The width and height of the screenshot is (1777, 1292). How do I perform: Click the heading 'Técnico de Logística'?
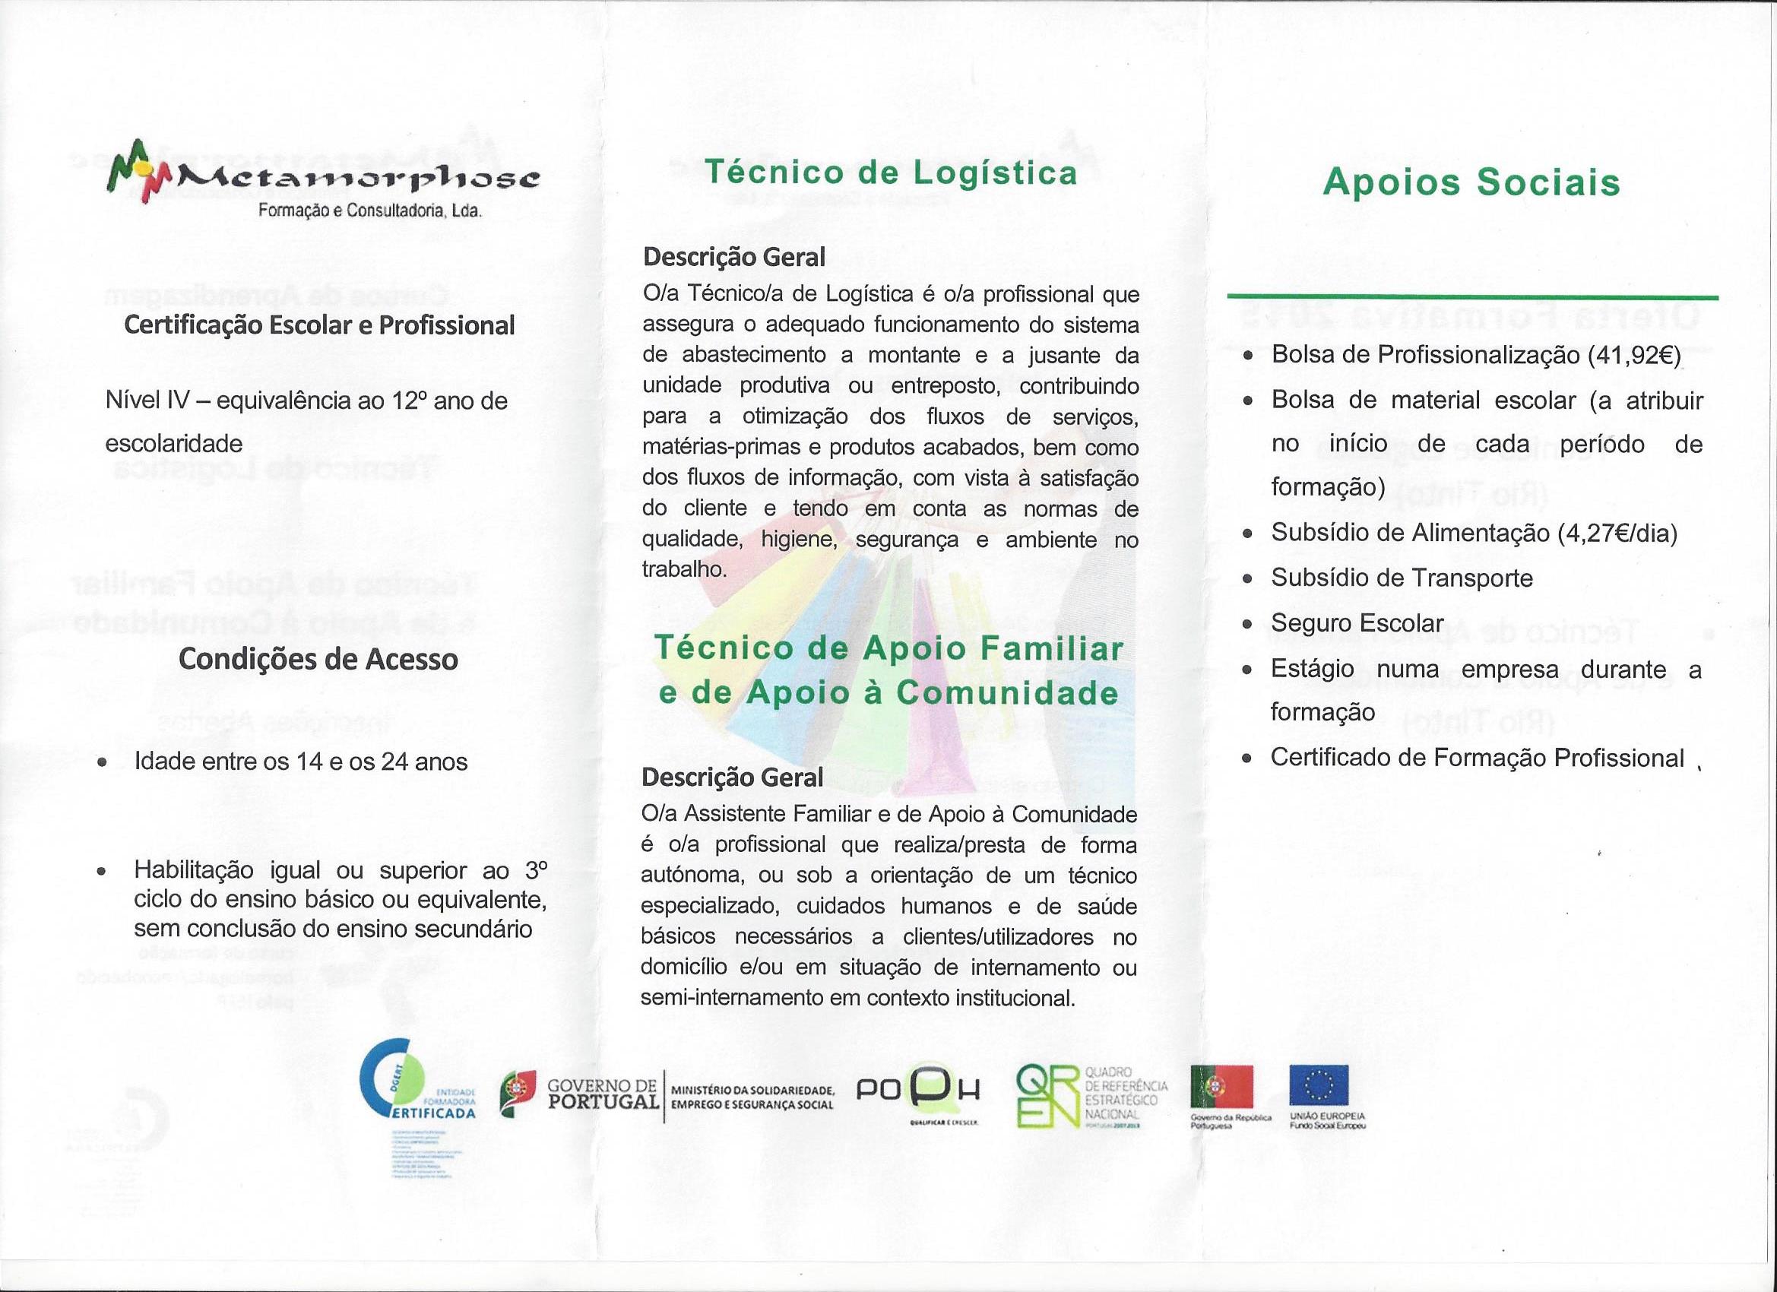tap(891, 173)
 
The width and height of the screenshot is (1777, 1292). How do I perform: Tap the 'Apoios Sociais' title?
tap(1471, 182)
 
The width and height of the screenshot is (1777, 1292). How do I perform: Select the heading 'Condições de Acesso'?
tap(318, 659)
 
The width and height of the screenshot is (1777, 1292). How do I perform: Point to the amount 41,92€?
tap(1633, 355)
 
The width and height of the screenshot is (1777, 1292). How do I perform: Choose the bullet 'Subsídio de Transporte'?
tap(1401, 578)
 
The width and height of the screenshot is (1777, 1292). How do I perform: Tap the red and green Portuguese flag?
tap(1221, 1086)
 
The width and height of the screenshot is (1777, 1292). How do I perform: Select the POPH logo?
tap(917, 1091)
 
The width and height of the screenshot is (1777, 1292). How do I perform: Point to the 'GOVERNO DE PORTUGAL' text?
tap(603, 1094)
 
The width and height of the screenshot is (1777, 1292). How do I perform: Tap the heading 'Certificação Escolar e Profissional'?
tap(320, 325)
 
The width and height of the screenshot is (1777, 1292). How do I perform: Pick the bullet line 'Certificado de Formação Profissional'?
tap(1477, 758)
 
